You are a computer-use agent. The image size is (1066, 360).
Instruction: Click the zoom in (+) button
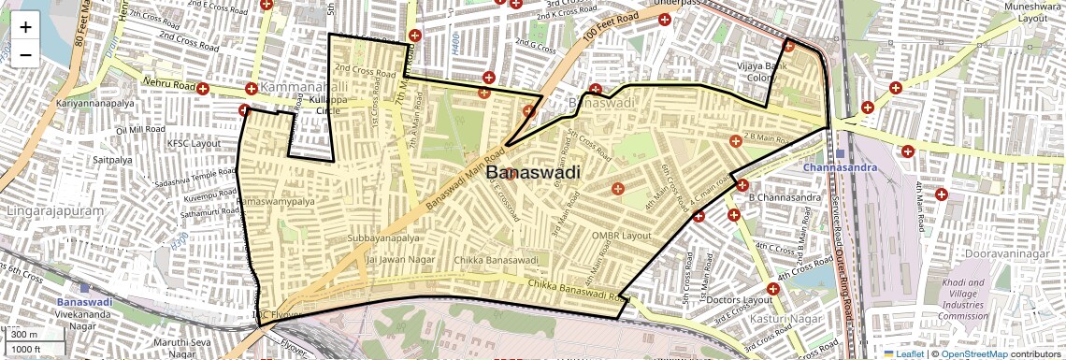click(x=25, y=26)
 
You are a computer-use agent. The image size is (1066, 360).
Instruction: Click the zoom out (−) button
click(x=25, y=54)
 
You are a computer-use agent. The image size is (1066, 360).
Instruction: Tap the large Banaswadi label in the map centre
click(x=533, y=173)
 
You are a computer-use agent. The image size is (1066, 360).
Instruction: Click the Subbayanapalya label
click(x=384, y=238)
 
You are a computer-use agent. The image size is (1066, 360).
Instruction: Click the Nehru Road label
click(x=169, y=84)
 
